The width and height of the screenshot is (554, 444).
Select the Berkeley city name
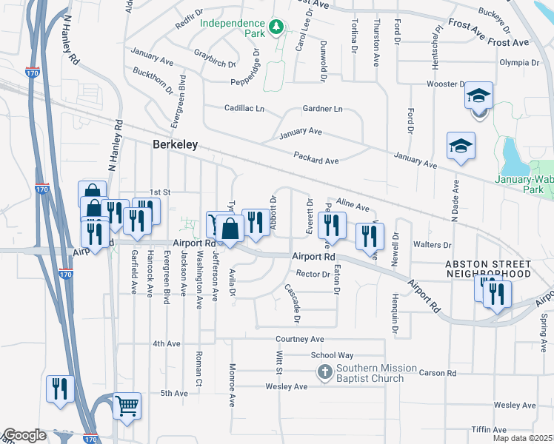click(x=175, y=145)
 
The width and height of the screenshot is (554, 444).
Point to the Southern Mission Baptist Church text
click(x=370, y=374)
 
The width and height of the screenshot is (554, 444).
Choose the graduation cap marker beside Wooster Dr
click(x=478, y=96)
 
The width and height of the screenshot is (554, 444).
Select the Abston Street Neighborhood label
click(x=487, y=269)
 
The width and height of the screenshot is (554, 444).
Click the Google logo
click(x=24, y=435)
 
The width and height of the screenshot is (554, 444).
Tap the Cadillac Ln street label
click(x=244, y=108)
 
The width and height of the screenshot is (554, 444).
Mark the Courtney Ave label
click(x=300, y=339)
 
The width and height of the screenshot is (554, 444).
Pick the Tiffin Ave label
click(x=487, y=430)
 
